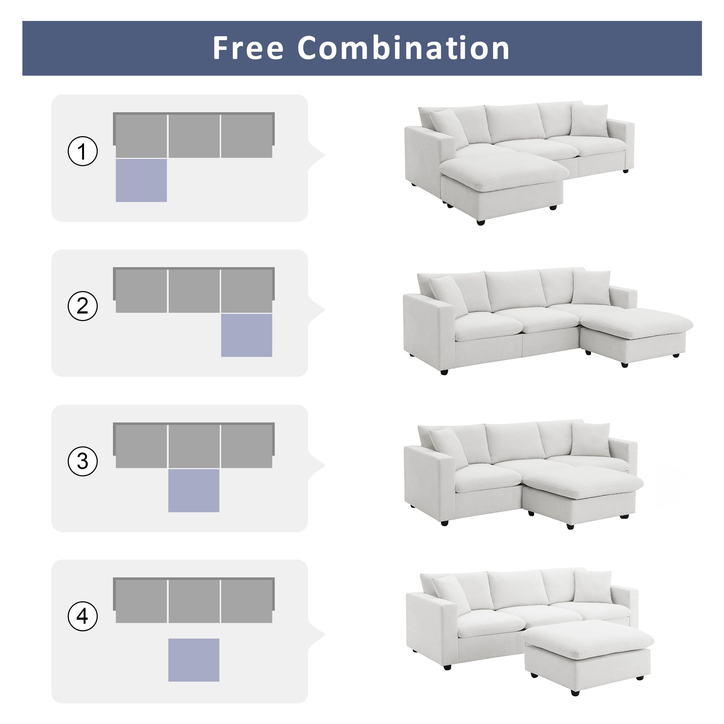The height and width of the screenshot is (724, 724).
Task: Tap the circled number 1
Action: click(x=83, y=151)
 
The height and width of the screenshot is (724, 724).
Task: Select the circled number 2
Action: click(x=83, y=306)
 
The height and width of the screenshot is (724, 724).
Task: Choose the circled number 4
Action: click(x=83, y=616)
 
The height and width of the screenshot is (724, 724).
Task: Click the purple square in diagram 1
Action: click(x=141, y=180)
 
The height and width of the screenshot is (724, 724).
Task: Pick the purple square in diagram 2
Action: click(x=247, y=335)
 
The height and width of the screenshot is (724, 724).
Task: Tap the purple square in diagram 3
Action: click(x=194, y=490)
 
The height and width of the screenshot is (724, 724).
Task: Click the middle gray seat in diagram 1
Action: click(x=194, y=136)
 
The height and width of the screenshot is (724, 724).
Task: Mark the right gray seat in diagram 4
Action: click(x=247, y=601)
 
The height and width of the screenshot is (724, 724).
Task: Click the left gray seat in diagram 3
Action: click(x=141, y=446)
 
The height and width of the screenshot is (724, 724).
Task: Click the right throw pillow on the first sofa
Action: click(x=589, y=121)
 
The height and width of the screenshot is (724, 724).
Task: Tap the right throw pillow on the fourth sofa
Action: click(x=592, y=587)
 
